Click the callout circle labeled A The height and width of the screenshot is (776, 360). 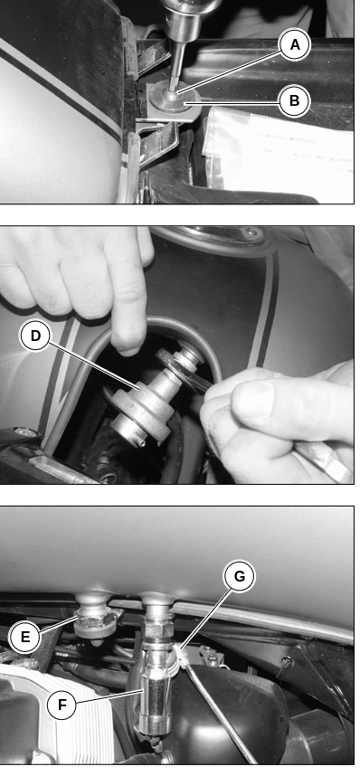[x=295, y=45]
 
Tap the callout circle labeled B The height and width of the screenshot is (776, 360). [x=294, y=101]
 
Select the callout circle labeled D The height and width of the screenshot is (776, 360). [x=35, y=336]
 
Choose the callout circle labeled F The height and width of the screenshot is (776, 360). [x=62, y=705]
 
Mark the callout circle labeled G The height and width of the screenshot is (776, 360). [x=239, y=576]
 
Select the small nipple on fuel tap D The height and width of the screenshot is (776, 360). [x=141, y=441]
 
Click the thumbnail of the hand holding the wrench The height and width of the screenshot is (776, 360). [x=257, y=397]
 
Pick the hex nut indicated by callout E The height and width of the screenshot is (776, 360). [x=94, y=625]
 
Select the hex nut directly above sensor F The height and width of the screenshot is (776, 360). [x=157, y=628]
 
